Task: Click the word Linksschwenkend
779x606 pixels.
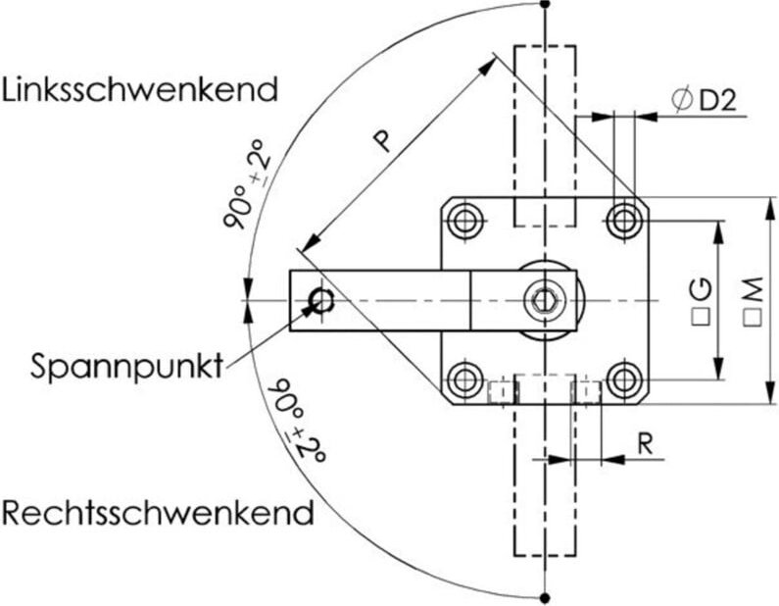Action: (140, 90)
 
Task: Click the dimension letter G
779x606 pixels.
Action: (700, 288)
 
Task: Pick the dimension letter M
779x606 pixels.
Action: (752, 288)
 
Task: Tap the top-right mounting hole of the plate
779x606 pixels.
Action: (623, 220)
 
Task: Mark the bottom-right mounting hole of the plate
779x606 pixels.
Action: (623, 379)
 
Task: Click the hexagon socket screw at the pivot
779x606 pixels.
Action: (544, 299)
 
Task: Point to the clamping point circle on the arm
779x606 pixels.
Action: (321, 300)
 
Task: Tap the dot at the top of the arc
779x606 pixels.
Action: (545, 3)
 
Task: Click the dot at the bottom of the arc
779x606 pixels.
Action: (544, 596)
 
